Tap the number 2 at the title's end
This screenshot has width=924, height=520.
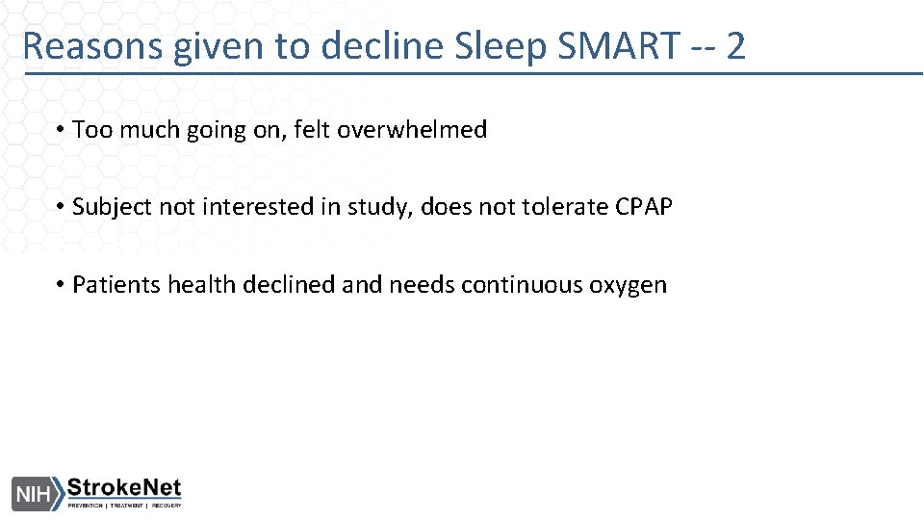(735, 45)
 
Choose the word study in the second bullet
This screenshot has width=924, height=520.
(387, 207)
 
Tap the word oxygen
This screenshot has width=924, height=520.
(629, 286)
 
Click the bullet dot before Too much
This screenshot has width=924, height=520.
(60, 130)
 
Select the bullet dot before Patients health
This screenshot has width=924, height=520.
(60, 285)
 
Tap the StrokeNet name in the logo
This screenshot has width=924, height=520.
(124, 487)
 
